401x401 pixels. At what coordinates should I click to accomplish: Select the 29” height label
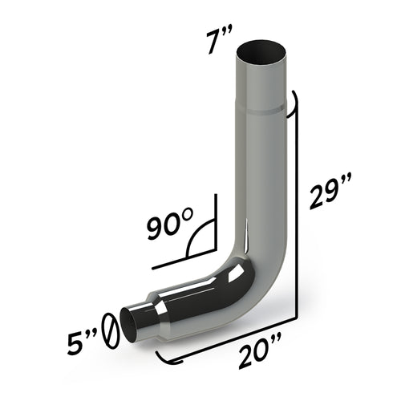click(328, 192)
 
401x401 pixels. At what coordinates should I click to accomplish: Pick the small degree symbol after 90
click(187, 215)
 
